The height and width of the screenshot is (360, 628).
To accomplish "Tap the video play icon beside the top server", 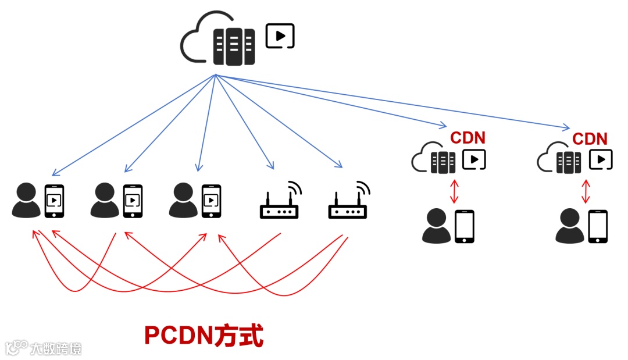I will (x=280, y=35).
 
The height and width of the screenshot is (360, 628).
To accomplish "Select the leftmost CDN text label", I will (x=468, y=138).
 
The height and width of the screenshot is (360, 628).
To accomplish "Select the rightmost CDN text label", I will (x=590, y=139).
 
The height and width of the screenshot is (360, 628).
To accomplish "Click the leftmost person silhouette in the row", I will (x=26, y=201).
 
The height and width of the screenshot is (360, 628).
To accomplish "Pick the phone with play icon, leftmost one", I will (x=54, y=201).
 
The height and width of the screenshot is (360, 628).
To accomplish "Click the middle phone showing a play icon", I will (x=133, y=201).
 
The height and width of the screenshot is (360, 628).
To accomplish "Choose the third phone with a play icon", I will (x=211, y=201).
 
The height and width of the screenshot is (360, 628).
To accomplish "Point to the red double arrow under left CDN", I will (x=454, y=191).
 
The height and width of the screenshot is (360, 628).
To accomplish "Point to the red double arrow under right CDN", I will (x=586, y=191).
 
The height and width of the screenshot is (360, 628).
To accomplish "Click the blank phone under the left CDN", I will (x=464, y=226).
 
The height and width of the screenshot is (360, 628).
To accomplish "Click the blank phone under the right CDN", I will (x=598, y=226).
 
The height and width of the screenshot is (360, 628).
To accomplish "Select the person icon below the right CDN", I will (x=569, y=227).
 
